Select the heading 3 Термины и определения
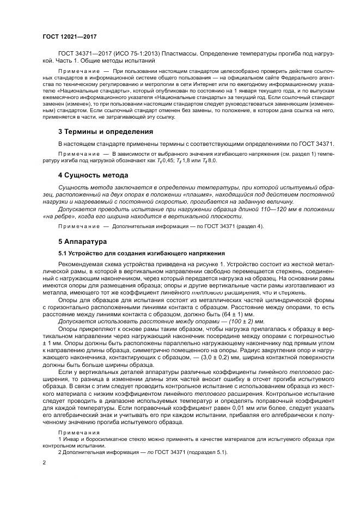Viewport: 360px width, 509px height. (106, 132)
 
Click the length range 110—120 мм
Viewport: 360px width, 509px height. (241, 207)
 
